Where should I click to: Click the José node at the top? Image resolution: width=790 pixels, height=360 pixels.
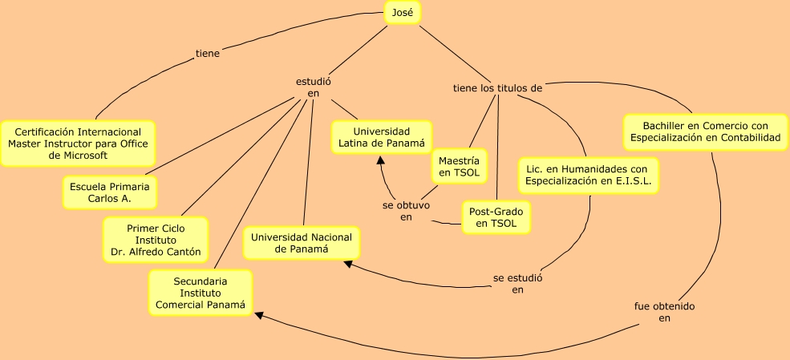click(x=402, y=13)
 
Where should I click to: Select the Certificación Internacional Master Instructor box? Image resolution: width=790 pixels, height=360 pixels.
click(x=78, y=144)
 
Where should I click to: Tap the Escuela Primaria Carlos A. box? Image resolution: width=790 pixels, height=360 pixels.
click(x=110, y=192)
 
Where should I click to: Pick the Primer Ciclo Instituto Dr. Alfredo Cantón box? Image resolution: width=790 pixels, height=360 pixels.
click(x=156, y=240)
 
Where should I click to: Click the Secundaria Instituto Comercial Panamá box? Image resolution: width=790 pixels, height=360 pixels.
click(x=201, y=293)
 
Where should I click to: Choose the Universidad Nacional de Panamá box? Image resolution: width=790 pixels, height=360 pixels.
click(x=302, y=243)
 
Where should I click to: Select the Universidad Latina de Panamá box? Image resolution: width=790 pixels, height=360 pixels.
click(x=382, y=137)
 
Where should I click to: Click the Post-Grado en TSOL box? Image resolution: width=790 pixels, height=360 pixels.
click(x=496, y=217)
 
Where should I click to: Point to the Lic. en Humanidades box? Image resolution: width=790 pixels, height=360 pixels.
click(x=588, y=175)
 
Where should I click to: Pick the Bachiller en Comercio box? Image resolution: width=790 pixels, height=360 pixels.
click(x=705, y=132)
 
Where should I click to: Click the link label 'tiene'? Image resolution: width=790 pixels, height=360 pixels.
click(x=208, y=55)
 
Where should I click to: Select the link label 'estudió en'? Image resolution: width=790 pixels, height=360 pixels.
click(x=313, y=87)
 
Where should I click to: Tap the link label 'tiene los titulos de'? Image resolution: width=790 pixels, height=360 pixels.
click(x=498, y=88)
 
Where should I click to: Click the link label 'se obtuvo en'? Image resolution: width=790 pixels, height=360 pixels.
click(x=406, y=210)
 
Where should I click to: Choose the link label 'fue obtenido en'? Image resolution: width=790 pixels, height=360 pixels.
click(x=664, y=312)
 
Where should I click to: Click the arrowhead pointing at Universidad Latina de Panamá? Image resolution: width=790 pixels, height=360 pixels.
click(x=381, y=160)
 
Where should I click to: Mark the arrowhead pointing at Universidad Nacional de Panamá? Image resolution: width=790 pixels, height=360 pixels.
click(x=346, y=264)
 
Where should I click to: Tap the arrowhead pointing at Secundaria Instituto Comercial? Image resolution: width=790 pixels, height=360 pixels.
click(x=258, y=315)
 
